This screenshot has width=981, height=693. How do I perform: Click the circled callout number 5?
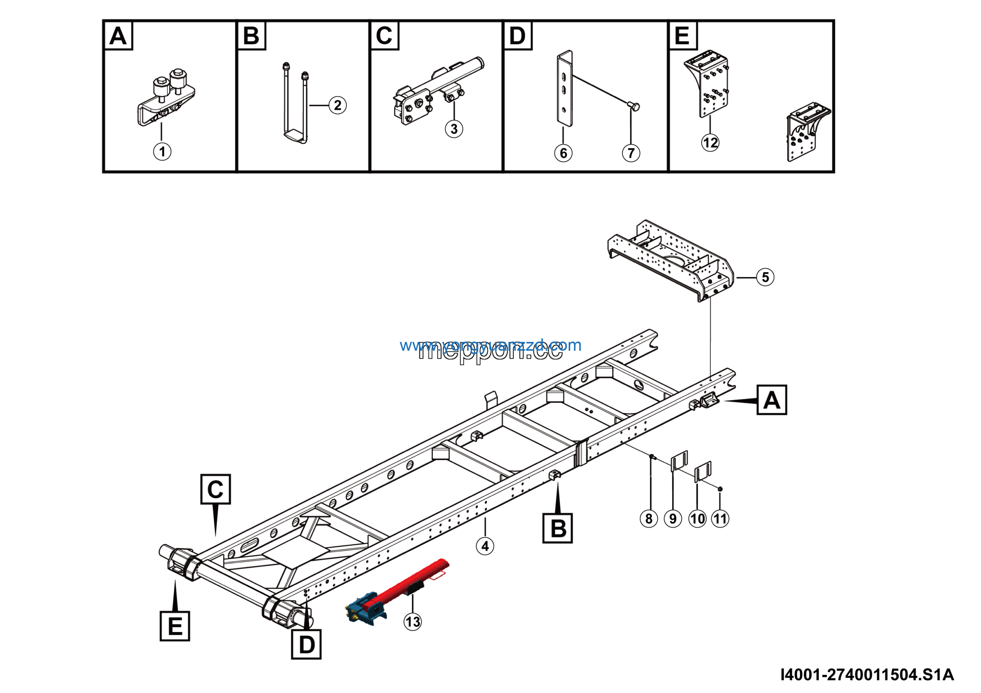point(765,277)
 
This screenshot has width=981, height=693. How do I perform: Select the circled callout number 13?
point(412,622)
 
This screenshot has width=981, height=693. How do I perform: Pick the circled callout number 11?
point(720,519)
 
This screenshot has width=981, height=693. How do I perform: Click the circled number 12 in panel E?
point(710,142)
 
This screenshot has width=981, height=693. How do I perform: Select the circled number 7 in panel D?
point(631,153)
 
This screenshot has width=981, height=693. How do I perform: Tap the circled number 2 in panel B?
point(337,105)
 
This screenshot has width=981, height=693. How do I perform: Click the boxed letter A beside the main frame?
point(771,400)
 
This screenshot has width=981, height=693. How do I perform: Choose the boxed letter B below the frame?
point(557,529)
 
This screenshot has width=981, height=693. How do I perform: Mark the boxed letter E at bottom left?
point(175,626)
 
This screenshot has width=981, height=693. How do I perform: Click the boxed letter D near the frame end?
point(306,644)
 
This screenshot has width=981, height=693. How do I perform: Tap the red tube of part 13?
point(410,583)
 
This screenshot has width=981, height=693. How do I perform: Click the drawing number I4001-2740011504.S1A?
point(867,675)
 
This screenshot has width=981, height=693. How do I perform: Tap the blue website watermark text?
point(490,345)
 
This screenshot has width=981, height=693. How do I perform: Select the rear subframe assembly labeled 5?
point(671,261)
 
